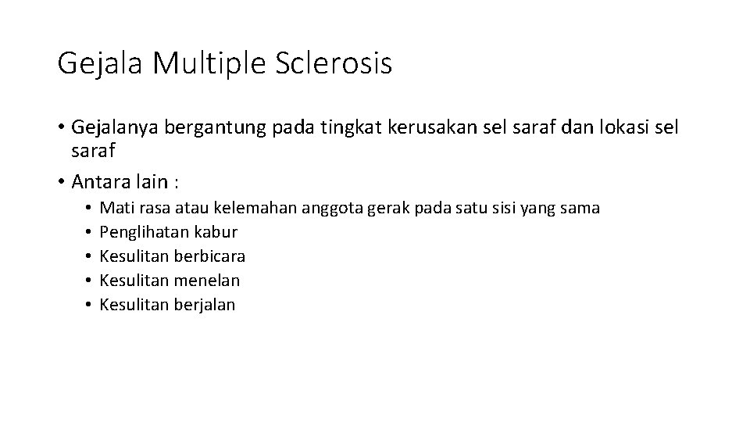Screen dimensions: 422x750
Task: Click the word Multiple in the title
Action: pos(210,63)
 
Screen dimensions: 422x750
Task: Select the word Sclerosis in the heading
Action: pos(334,63)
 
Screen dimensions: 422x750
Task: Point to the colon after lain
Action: pos(177,183)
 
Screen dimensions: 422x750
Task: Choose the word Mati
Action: pos(116,208)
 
